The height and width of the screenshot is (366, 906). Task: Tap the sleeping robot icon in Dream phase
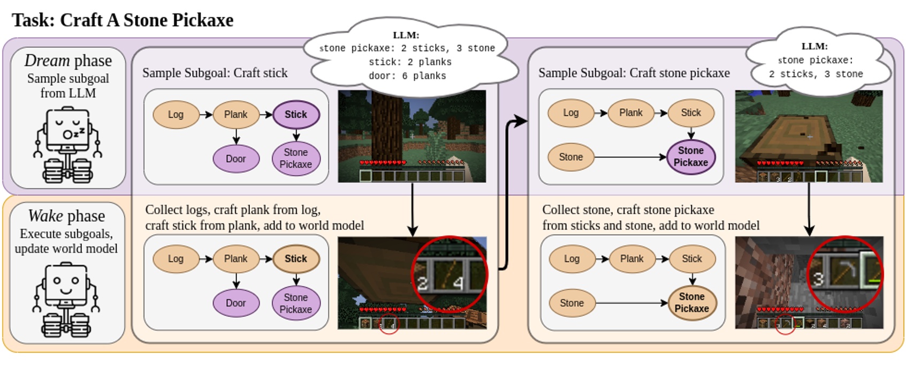click(68, 145)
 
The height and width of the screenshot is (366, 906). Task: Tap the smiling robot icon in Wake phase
click(67, 300)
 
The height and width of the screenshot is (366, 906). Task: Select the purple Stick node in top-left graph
click(296, 115)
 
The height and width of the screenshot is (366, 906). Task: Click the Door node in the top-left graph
click(236, 159)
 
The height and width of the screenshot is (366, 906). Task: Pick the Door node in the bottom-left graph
click(236, 303)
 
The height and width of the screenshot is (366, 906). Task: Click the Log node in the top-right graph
click(571, 113)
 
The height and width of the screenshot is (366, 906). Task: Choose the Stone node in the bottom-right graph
click(572, 303)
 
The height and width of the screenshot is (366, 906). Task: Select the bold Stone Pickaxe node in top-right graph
click(691, 156)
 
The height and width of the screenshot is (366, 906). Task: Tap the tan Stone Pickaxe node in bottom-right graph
click(692, 303)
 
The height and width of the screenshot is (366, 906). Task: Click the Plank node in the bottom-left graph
click(236, 259)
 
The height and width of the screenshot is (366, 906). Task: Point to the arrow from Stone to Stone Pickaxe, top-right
click(631, 157)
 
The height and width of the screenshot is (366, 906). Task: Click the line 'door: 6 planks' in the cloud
click(407, 76)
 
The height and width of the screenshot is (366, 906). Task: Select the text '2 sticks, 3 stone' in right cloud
click(816, 74)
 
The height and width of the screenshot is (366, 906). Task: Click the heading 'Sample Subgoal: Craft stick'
click(215, 73)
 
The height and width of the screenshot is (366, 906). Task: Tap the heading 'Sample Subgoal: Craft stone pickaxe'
click(634, 73)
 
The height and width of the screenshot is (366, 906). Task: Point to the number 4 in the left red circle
click(458, 282)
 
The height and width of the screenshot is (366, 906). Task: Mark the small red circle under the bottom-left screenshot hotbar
click(389, 325)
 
